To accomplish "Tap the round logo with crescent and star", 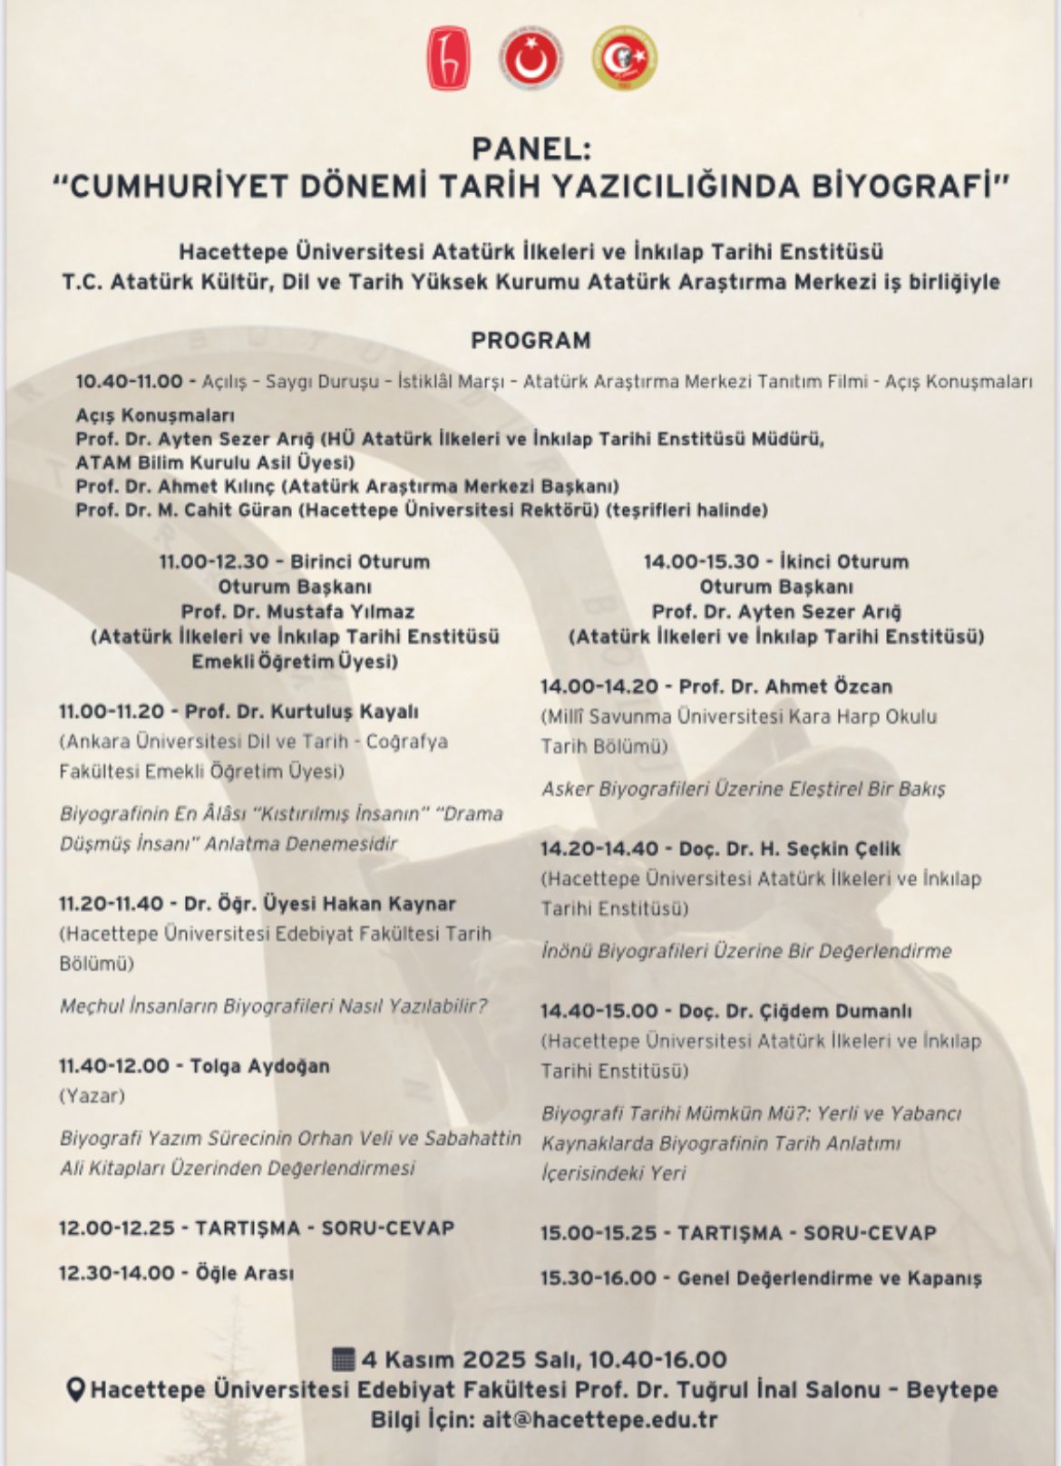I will [531, 59].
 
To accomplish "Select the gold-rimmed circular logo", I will [625, 59].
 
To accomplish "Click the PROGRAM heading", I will [530, 340].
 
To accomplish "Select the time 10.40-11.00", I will [129, 381].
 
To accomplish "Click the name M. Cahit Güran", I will [226, 510].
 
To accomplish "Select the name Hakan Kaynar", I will [397, 903].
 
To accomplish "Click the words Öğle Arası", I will [245, 1272].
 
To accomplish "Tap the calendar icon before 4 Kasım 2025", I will [344, 1359].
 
